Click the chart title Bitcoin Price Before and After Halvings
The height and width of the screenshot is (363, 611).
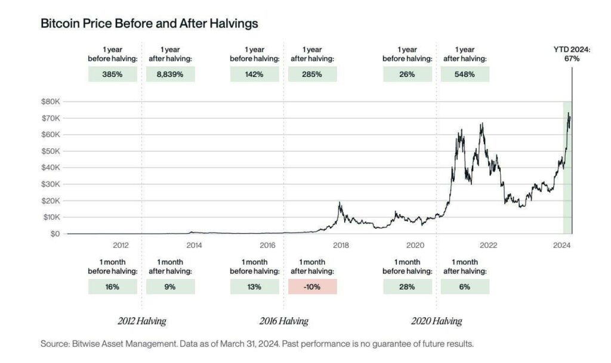pos(149,24)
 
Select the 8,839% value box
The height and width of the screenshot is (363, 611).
pos(170,75)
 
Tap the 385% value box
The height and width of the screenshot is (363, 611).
pos(113,75)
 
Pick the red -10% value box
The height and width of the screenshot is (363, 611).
pos(312,287)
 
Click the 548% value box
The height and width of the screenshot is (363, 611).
pos(464,75)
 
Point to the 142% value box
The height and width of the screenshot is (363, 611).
pos(255,75)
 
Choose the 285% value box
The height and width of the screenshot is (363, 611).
pos(312,75)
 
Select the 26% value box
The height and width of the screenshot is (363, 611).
pos(407,75)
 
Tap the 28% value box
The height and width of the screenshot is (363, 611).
pos(407,287)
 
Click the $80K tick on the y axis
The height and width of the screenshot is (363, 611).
pos(50,102)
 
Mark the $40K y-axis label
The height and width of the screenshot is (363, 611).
pos(50,168)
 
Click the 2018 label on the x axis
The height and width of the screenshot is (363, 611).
pos(341,245)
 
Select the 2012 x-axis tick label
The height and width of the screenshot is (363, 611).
pos(121,245)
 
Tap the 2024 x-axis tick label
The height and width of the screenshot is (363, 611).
pos(561,245)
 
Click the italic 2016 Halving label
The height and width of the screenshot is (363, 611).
pos(283,321)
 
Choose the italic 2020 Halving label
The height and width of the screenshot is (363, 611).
pos(436,321)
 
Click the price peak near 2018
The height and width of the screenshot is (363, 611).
pos(340,203)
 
